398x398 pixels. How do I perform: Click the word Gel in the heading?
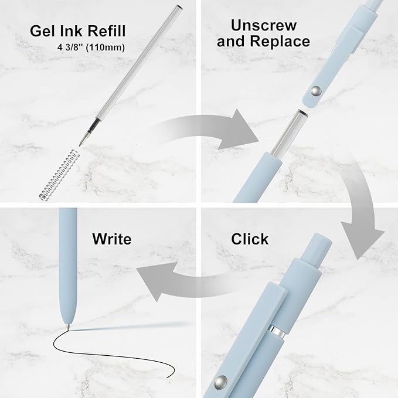(x=43, y=31)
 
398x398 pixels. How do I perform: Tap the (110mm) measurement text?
(x=106, y=47)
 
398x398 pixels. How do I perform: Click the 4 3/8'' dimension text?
(x=70, y=47)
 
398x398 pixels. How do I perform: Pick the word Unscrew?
(x=264, y=25)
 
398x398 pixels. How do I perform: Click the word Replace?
(x=280, y=41)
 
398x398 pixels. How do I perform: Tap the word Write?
(x=112, y=239)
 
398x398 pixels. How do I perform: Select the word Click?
(x=250, y=239)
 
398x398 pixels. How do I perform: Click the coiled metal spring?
(x=58, y=175)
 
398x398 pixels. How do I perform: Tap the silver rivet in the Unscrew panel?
(x=316, y=91)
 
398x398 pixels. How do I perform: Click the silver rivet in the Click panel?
(x=220, y=382)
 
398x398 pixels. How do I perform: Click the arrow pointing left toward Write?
(x=193, y=282)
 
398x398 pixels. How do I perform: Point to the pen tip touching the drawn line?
(x=68, y=328)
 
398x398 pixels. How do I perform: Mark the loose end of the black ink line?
(x=168, y=377)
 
